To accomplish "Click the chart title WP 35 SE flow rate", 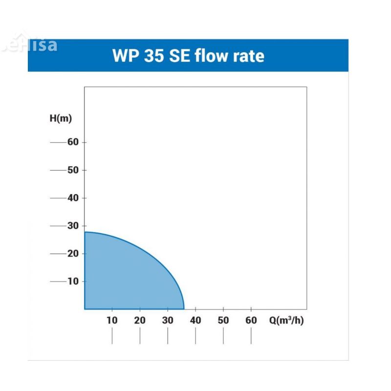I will pos(188,55).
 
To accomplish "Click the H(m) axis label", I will pos(61,119).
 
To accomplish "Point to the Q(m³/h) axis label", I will pos(286,321).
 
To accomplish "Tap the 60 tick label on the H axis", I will pos(73,142).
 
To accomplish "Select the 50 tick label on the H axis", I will pos(73,170).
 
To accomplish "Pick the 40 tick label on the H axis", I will pos(73,198).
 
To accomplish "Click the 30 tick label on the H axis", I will pos(73,226).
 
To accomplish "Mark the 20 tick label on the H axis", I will pos(73,254).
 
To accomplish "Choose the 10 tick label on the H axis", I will pos(73,282).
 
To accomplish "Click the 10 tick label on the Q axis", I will pos(112,321).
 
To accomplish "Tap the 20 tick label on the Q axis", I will pos(140,321).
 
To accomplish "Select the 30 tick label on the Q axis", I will pos(168,321).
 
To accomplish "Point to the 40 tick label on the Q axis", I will pos(195,321).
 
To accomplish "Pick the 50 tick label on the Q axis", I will pos(223,321).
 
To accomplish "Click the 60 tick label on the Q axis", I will pos(251,321).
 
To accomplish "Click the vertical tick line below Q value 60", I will pos(251,336).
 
